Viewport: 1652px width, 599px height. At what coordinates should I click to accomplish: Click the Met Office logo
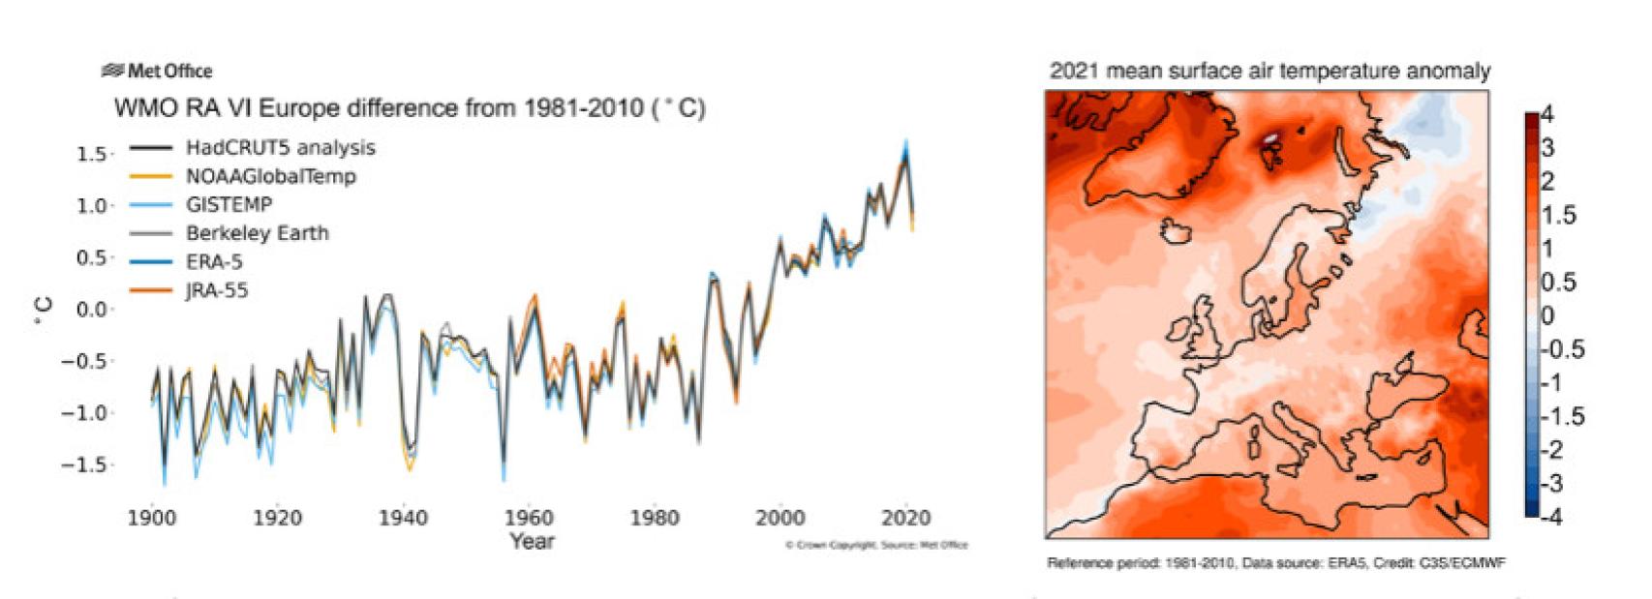coord(157,71)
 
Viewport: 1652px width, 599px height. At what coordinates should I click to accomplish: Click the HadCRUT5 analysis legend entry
coord(280,148)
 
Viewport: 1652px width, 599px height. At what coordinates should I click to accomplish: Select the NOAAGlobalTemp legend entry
coord(270,176)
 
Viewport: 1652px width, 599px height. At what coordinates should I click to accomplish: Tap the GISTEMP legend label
coord(229,204)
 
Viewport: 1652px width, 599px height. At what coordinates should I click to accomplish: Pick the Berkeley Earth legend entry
coord(257,233)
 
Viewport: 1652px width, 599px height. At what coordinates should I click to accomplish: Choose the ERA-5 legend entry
coord(214,261)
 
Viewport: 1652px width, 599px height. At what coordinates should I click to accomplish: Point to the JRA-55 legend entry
coord(217,290)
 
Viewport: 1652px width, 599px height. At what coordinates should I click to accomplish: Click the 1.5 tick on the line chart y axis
coord(91,154)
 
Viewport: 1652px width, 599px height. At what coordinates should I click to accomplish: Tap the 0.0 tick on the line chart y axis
coord(91,310)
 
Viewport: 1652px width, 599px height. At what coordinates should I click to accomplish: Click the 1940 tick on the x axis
coord(403,518)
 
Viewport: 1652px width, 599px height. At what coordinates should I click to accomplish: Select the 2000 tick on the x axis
coord(780,518)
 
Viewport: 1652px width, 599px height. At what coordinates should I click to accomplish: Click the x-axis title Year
coord(532,541)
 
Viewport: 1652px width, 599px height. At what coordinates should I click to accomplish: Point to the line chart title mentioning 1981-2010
coord(410,107)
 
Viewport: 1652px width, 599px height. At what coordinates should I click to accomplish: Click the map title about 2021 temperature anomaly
coord(1270,71)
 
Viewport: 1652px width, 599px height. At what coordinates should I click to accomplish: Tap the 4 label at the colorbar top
coord(1546,115)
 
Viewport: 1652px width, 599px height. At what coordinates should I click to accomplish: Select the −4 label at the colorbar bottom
coord(1550,517)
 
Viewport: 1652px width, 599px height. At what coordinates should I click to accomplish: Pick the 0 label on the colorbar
coord(1546,315)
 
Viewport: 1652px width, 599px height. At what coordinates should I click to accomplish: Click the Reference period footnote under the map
coord(1275,563)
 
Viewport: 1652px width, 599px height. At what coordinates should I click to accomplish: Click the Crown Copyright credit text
coord(876,546)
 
